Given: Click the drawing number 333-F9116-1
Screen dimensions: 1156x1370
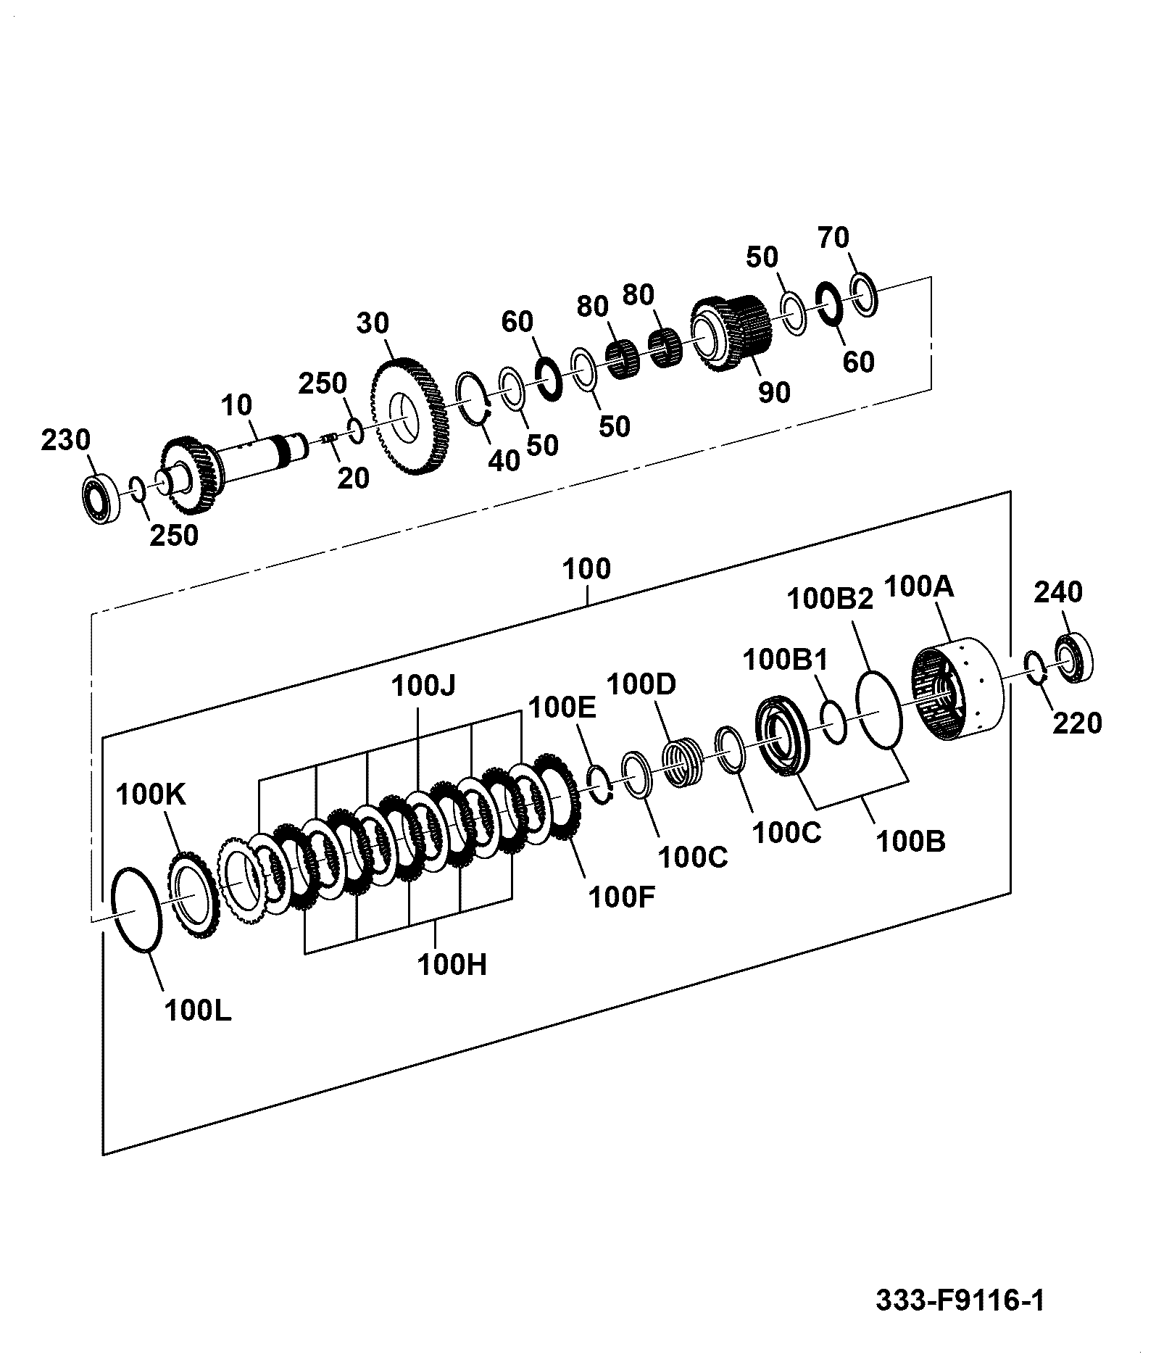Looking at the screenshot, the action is (960, 1300).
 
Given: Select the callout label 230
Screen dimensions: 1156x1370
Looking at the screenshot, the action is (65, 440).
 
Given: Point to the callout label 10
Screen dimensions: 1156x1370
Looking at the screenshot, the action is (236, 405).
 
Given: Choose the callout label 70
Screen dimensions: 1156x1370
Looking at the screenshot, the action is (833, 237).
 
